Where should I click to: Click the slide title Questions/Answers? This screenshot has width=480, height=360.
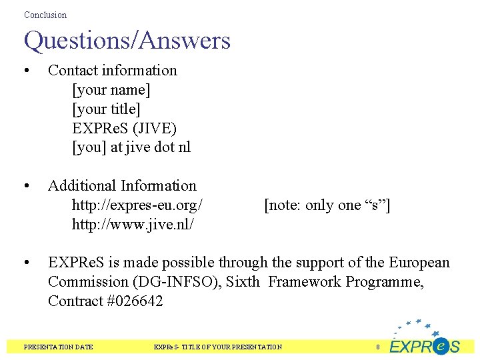(x=127, y=41)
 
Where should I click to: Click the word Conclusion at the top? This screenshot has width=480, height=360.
(x=45, y=15)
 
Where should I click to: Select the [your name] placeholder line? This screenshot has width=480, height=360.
(x=111, y=89)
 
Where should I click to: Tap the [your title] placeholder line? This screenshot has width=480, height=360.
(x=106, y=109)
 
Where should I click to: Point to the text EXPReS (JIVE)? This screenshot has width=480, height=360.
(x=124, y=128)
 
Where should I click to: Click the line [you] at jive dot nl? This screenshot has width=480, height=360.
(x=131, y=147)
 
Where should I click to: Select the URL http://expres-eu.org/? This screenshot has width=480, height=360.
(x=137, y=205)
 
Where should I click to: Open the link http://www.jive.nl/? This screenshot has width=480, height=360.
(x=133, y=225)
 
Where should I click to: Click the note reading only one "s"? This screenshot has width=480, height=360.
(x=327, y=205)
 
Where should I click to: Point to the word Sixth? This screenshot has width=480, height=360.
(x=243, y=282)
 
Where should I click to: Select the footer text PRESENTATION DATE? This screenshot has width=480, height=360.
(x=58, y=347)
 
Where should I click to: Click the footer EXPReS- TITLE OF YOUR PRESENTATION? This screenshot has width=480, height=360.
(x=218, y=347)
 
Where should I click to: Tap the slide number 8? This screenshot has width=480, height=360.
(x=378, y=347)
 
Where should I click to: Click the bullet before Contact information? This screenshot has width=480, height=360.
(x=25, y=71)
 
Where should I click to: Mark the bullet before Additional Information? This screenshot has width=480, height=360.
(x=25, y=186)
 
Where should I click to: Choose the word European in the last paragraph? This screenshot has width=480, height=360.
(x=419, y=263)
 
